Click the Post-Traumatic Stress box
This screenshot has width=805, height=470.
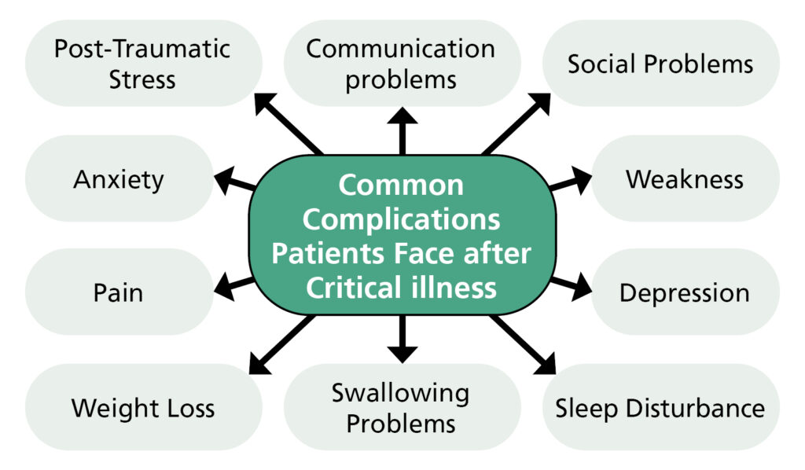click(x=142, y=64)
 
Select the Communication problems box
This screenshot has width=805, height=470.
click(x=401, y=64)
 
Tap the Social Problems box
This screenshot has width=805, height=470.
click(x=660, y=64)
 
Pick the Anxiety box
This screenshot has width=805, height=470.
click(x=119, y=179)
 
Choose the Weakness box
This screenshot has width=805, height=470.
click(x=684, y=179)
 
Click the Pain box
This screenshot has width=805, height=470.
click(x=119, y=293)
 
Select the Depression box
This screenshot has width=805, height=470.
click(x=684, y=293)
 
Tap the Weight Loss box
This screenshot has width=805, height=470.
click(x=142, y=408)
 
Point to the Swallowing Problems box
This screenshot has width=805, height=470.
click(x=401, y=408)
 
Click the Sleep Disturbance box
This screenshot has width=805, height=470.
click(x=660, y=408)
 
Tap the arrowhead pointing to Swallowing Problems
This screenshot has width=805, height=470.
click(x=402, y=351)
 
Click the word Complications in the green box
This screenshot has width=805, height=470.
click(x=401, y=219)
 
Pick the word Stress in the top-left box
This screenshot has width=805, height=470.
click(x=142, y=79)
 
